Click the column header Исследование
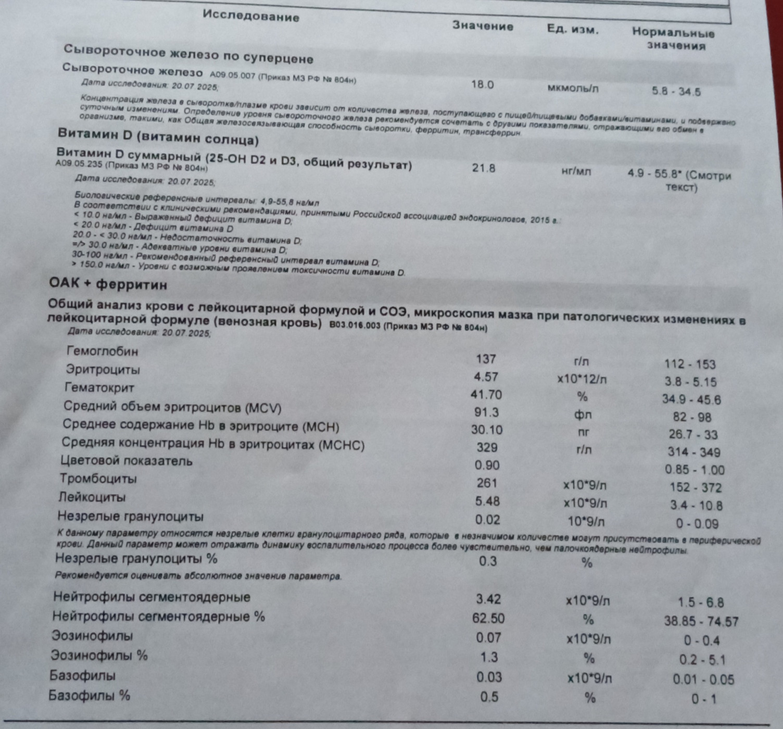pyautogui.click(x=251, y=16)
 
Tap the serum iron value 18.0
pyautogui.click(x=482, y=84)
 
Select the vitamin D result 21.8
pyautogui.click(x=483, y=168)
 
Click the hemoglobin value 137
pyautogui.click(x=486, y=359)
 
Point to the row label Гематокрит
pyautogui.click(x=99, y=387)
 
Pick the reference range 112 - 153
pyautogui.click(x=690, y=364)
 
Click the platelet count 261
pyautogui.click(x=487, y=483)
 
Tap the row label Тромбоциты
pyautogui.click(x=98, y=478)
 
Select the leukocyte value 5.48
pyautogui.click(x=487, y=501)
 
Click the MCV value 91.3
pyautogui.click(x=486, y=412)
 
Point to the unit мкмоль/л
pyautogui.click(x=573, y=88)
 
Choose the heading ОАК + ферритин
pyautogui.click(x=108, y=284)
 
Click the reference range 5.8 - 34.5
pyautogui.click(x=676, y=92)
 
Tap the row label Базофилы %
pyautogui.click(x=89, y=695)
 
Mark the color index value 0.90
pyautogui.click(x=487, y=465)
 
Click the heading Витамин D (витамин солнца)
pyautogui.click(x=158, y=136)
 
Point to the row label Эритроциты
pyautogui.click(x=103, y=370)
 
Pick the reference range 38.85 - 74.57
pyautogui.click(x=701, y=621)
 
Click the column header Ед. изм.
pyautogui.click(x=573, y=30)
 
